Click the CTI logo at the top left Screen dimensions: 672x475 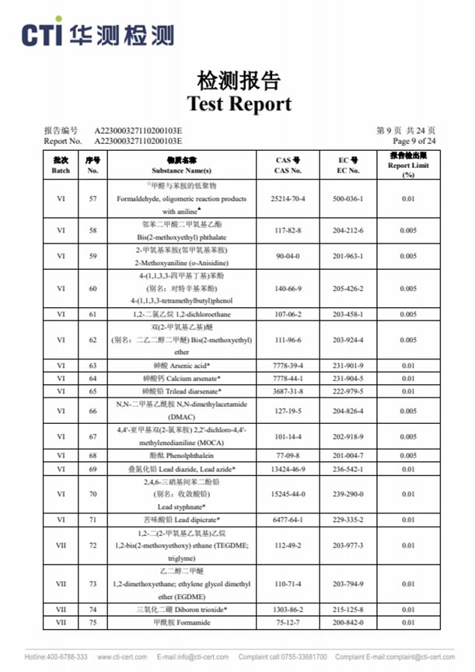point(97,35)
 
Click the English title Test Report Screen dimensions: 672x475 point(238,103)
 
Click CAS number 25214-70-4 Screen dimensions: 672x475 point(287,199)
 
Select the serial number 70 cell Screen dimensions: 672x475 point(93,494)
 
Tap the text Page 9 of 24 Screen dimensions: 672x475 point(414,142)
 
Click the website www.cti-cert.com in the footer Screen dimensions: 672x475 point(122,656)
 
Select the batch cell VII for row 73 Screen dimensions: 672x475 point(61,583)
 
